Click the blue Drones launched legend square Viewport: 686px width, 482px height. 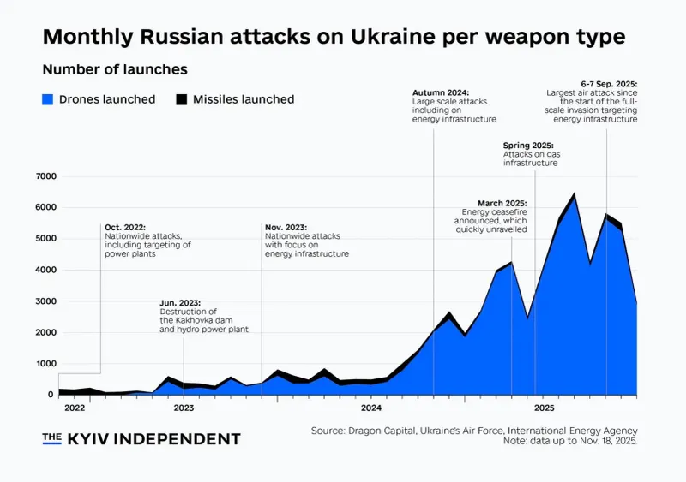[48, 99]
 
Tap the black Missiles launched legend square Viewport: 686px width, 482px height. [182, 99]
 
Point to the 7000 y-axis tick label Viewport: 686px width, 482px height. [46, 176]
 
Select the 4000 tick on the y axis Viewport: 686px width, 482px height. [46, 270]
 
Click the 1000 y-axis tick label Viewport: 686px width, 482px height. [46, 364]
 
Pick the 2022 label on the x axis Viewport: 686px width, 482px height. [75, 408]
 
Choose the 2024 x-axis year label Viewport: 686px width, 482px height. [371, 408]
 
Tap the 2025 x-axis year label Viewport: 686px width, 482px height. [544, 408]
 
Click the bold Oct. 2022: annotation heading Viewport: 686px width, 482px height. [125, 227]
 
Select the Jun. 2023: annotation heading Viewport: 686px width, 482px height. [180, 303]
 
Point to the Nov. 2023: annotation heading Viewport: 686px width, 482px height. [286, 227]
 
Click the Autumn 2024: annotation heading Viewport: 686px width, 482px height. [441, 92]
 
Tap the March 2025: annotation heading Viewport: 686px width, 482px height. [502, 203]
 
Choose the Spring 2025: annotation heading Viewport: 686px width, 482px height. [528, 145]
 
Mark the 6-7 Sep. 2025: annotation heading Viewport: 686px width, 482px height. [609, 84]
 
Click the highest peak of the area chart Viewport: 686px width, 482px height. [574, 193]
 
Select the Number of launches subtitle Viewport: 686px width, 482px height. [115, 69]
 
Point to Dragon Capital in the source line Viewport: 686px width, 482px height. [382, 431]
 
